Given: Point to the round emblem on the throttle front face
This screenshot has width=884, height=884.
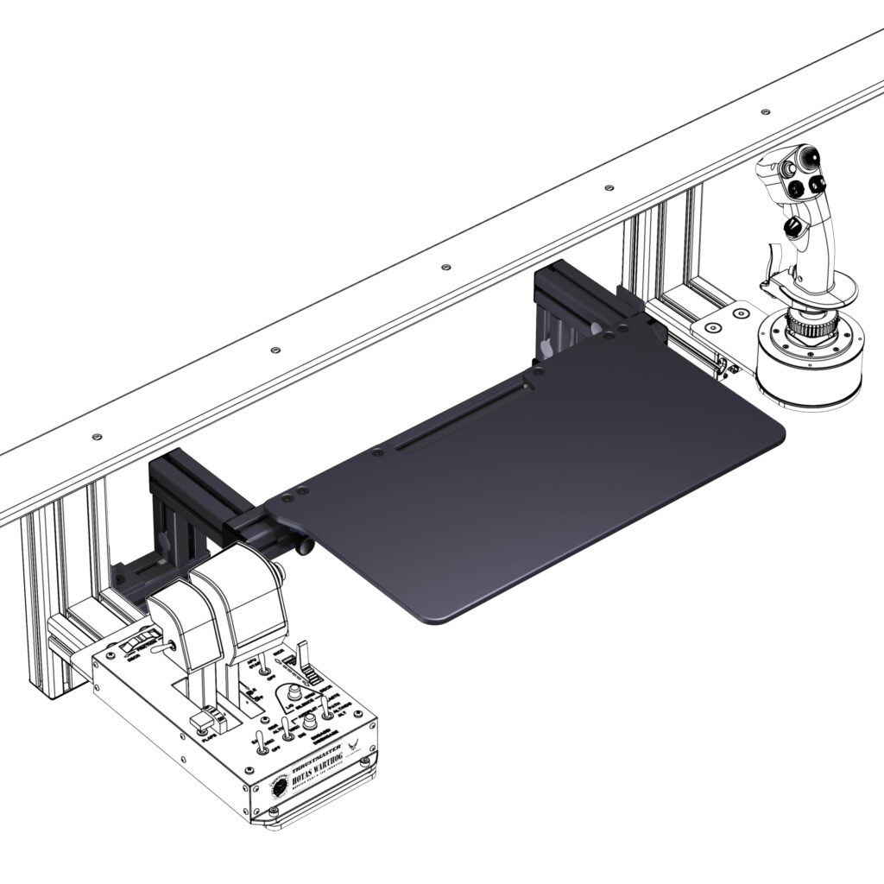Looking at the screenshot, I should (280, 786).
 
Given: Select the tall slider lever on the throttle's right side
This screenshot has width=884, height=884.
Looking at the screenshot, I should (304, 656).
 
